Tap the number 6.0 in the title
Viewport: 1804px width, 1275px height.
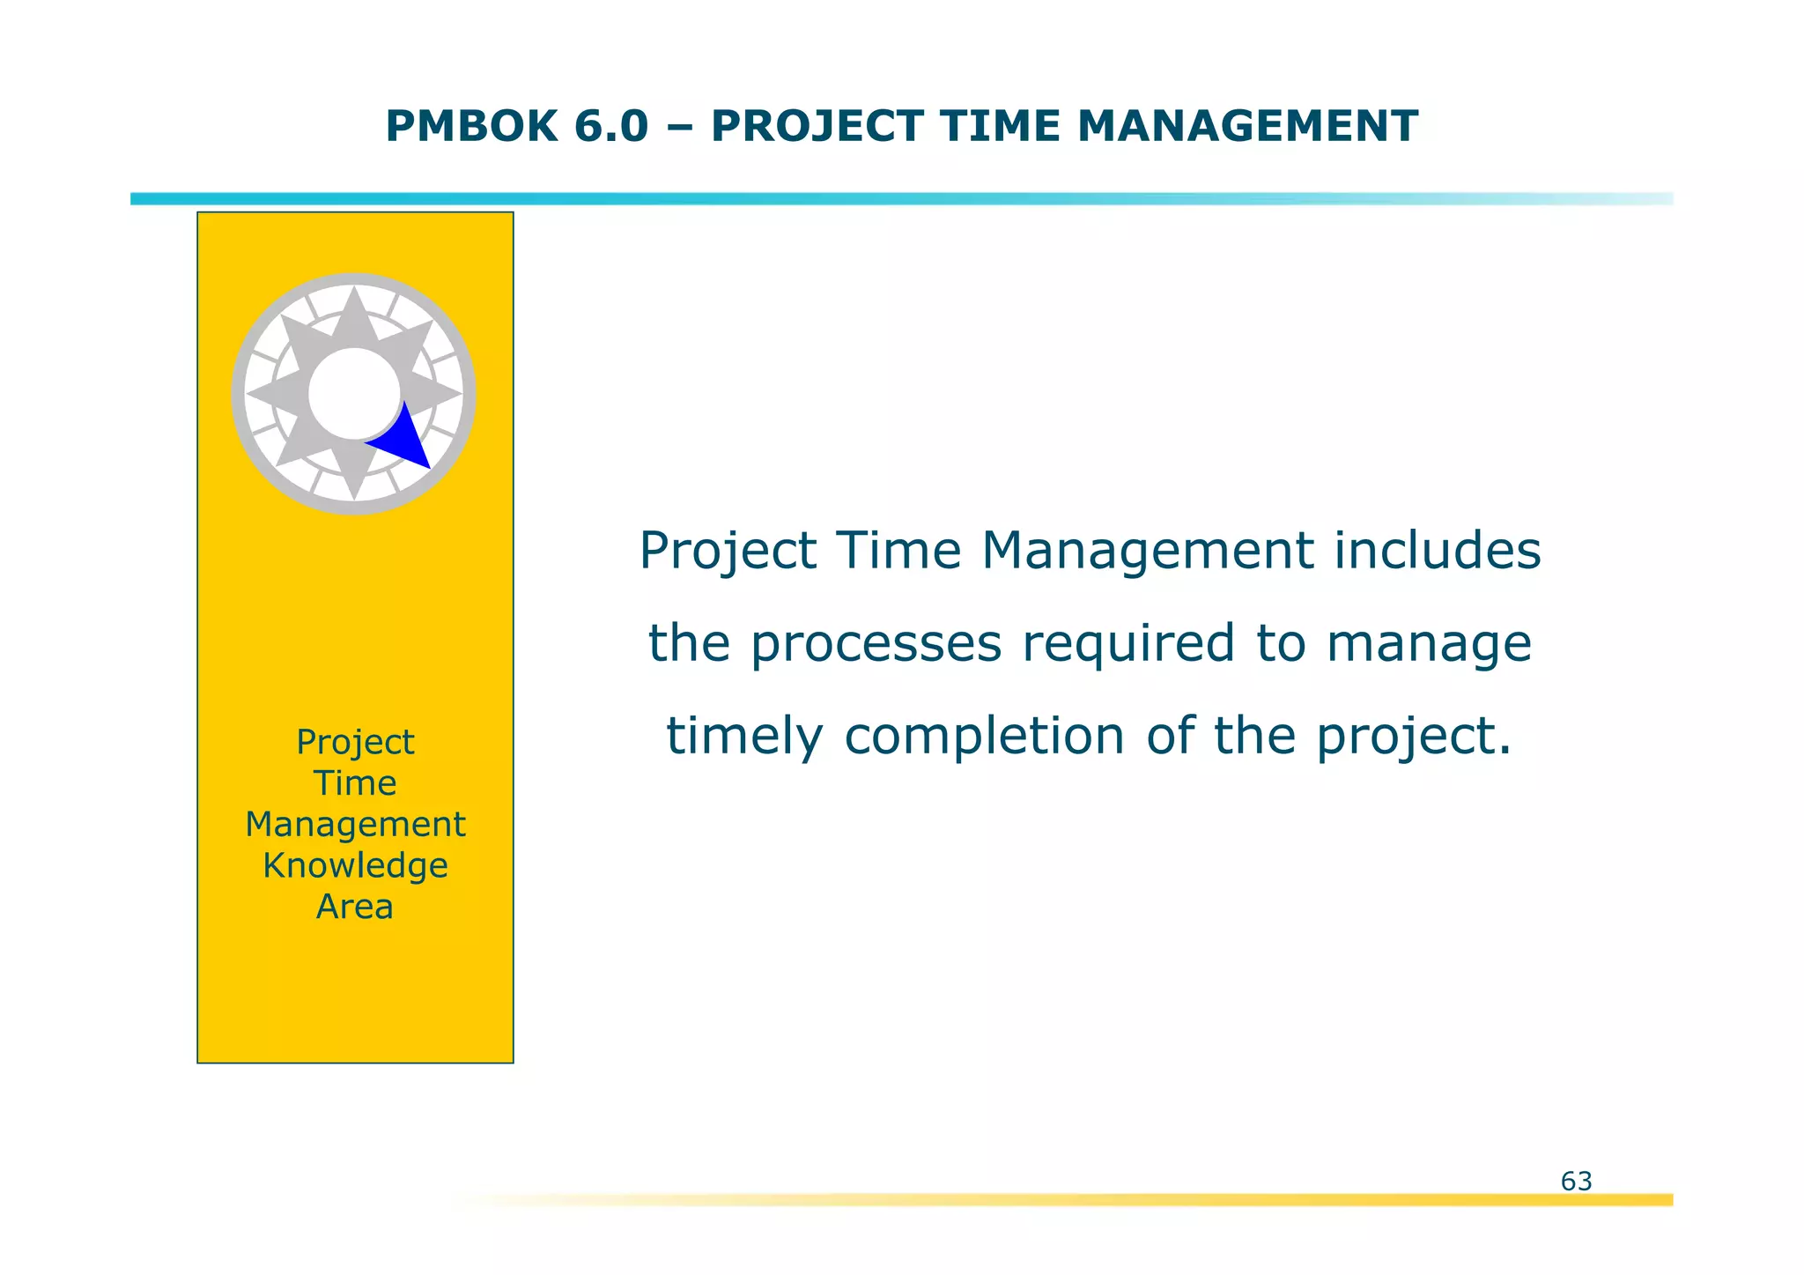(x=610, y=126)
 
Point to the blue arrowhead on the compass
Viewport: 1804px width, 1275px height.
(x=403, y=441)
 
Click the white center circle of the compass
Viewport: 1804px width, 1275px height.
(x=353, y=393)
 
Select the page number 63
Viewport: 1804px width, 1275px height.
(x=1576, y=1181)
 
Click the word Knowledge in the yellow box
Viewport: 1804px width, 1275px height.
(x=355, y=866)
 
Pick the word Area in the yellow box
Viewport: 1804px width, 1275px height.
(x=355, y=907)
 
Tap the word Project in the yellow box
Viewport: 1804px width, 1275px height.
(x=355, y=743)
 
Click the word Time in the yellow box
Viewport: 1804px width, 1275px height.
(x=355, y=783)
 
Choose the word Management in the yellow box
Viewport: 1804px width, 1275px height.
(x=355, y=825)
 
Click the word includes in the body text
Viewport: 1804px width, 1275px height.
(x=1437, y=551)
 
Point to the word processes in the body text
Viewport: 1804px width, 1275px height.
(x=876, y=644)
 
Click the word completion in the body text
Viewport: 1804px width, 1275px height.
(x=984, y=737)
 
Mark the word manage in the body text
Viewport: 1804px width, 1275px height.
(x=1429, y=644)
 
